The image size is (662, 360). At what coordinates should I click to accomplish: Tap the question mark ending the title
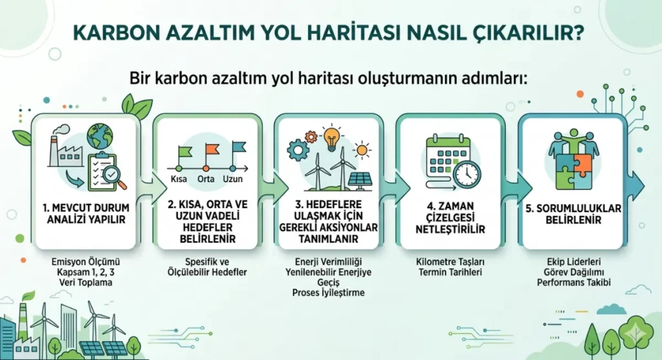pyautogui.click(x=578, y=32)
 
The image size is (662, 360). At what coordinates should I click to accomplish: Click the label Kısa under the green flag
pyautogui.click(x=178, y=179)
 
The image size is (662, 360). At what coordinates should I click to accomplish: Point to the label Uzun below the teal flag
pyautogui.click(x=233, y=179)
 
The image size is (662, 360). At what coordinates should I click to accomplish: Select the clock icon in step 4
pyautogui.click(x=467, y=175)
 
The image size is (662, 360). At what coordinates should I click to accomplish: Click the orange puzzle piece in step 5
pyautogui.click(x=582, y=165)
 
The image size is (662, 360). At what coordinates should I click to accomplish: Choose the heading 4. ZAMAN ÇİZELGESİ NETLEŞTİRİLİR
pyautogui.click(x=450, y=218)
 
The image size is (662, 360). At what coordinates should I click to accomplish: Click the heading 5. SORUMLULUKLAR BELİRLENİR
pyautogui.click(x=573, y=214)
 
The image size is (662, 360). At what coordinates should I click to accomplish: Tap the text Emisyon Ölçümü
pyautogui.click(x=86, y=262)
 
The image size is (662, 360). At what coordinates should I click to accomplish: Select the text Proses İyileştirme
pyautogui.click(x=328, y=293)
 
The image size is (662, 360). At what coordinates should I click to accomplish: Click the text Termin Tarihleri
pyautogui.click(x=450, y=272)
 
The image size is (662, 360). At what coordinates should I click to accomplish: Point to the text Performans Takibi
pyautogui.click(x=574, y=282)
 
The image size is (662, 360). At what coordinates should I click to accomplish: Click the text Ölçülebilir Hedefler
pyautogui.click(x=207, y=272)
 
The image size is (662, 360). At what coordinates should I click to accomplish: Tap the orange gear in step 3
pyautogui.click(x=311, y=137)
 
